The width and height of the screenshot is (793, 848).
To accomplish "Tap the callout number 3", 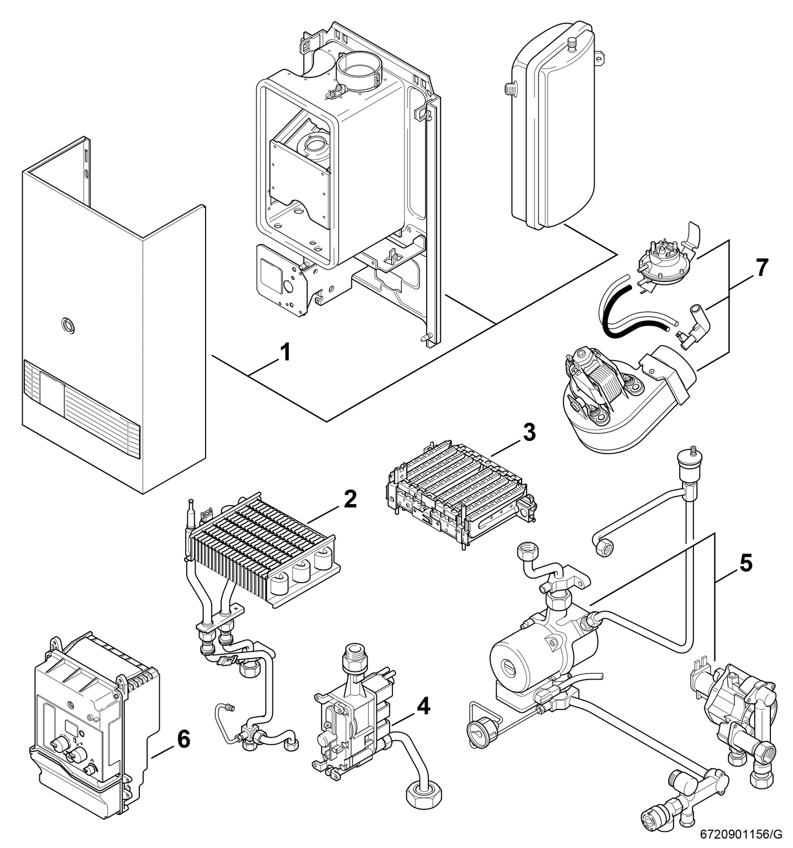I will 529,432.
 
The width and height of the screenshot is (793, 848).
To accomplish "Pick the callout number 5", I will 745,564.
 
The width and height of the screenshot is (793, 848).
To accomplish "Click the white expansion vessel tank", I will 553,127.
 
